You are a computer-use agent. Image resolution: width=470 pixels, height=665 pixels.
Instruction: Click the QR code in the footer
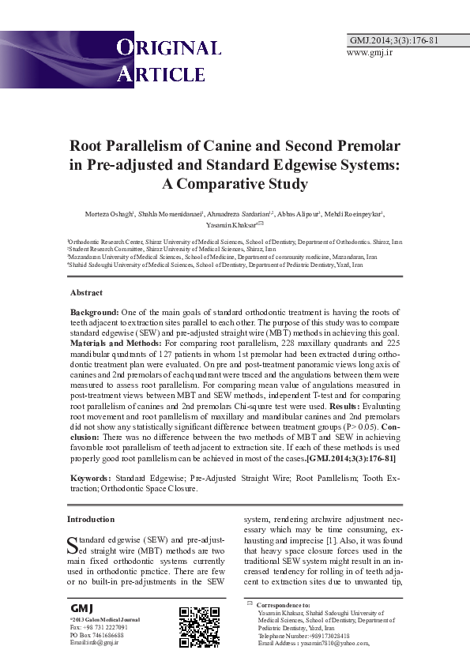pos(199,626)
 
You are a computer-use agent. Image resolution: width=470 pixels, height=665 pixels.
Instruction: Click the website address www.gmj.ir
pos(370,52)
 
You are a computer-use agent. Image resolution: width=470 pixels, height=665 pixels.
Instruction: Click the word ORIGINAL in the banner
pos(169,48)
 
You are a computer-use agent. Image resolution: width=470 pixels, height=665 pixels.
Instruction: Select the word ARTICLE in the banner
pos(161,74)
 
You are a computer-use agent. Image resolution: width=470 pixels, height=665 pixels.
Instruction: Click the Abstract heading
pos(88,293)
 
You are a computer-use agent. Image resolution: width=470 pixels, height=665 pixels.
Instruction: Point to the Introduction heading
pos(91,519)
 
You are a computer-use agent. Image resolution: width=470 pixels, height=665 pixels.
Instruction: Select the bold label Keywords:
pos(91,479)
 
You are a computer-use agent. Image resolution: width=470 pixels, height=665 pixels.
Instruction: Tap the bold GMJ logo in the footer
pos(82,609)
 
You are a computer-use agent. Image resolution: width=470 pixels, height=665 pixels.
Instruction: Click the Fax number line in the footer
pos(96,627)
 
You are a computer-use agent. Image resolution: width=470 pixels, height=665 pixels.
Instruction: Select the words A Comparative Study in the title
pos(235,185)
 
